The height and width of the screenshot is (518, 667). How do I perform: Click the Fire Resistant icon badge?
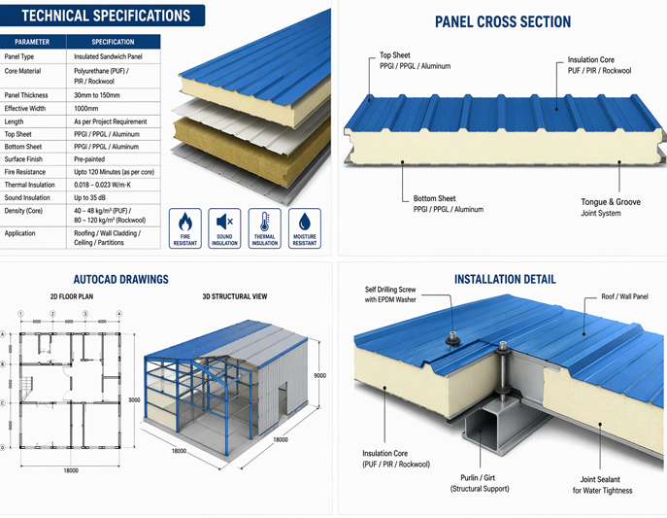pos(185,228)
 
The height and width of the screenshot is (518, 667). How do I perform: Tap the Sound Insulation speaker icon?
pos(225,228)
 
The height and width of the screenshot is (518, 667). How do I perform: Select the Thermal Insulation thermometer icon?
pos(264,228)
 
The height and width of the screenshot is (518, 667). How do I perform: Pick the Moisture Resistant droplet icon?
pos(304,228)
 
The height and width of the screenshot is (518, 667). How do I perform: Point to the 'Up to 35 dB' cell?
pos(95,197)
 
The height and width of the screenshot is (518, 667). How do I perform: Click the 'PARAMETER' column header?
pos(33,42)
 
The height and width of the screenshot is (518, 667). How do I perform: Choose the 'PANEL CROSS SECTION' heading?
pos(502,21)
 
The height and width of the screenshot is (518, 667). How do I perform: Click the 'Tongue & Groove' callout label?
pos(611,202)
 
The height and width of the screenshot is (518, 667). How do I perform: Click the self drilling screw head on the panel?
pos(453,338)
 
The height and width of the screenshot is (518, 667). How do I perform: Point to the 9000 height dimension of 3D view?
pos(318,375)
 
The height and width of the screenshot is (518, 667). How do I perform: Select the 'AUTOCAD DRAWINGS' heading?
pos(121,279)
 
